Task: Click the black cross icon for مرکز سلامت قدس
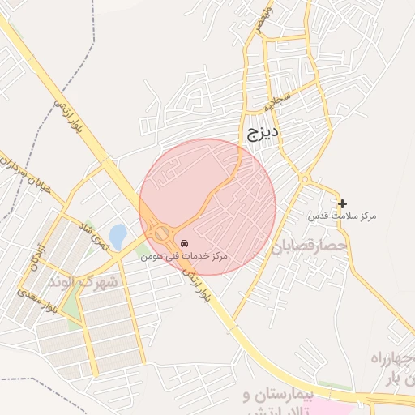click(342, 203)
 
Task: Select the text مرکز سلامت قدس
click(342, 216)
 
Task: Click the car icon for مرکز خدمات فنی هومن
click(184, 243)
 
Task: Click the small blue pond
click(118, 236)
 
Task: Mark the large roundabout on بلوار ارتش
click(162, 233)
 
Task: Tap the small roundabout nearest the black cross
click(305, 179)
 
